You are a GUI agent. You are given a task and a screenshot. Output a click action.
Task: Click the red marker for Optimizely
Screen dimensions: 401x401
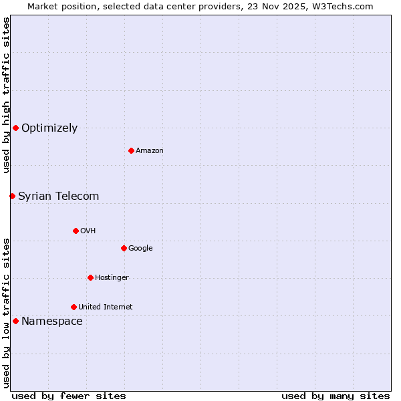tap(15, 128)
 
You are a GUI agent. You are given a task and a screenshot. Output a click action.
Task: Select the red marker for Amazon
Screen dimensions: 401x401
tap(131, 150)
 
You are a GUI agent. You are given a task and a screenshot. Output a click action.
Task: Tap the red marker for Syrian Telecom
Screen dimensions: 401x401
tap(12, 196)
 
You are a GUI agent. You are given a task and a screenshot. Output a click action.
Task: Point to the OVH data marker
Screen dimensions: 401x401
tap(76, 231)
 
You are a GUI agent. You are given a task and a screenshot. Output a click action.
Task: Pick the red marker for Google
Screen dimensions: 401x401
tap(124, 248)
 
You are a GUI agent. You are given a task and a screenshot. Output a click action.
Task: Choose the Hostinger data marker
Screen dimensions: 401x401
tap(90, 277)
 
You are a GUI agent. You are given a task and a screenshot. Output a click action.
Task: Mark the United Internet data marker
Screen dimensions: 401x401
tap(74, 307)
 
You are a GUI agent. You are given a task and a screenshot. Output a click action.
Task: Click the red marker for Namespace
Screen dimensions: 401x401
tap(15, 321)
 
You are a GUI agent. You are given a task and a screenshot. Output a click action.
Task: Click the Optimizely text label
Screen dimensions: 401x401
tap(49, 128)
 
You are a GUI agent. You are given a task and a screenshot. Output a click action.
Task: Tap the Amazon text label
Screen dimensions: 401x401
tap(150, 151)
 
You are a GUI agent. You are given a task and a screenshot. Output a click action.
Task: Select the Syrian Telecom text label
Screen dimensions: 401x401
tap(59, 196)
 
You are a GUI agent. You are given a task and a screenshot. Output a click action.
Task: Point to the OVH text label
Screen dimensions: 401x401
tap(88, 231)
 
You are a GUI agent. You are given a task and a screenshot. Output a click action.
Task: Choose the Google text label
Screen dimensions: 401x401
tap(140, 249)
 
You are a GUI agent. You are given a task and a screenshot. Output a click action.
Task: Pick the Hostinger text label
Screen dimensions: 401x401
tap(112, 278)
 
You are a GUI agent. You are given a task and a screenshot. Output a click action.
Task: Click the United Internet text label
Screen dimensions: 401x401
tap(106, 307)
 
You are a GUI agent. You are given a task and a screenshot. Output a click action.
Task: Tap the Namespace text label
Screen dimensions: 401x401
tap(52, 321)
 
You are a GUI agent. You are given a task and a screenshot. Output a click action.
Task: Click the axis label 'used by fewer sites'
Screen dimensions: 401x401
tap(69, 396)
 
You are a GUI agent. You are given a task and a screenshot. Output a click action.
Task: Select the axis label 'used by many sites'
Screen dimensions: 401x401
tap(336, 396)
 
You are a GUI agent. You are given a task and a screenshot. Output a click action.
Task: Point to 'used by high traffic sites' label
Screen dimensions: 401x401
tap(6, 95)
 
